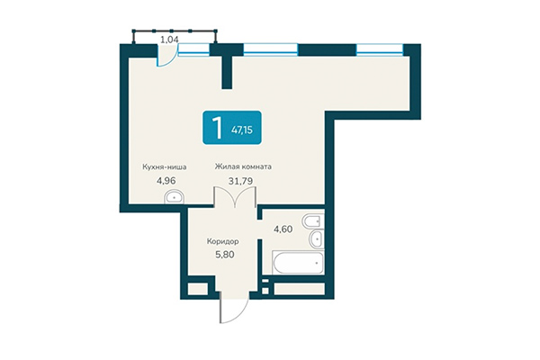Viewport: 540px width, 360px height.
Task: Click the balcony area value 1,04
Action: (168, 40)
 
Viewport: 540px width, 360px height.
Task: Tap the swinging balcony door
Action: (165, 58)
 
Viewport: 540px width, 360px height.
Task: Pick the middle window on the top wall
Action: (271, 49)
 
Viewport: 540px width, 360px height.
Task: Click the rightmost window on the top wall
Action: (380, 49)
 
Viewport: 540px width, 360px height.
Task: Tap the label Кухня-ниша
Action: (166, 166)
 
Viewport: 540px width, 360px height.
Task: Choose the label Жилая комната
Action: (243, 166)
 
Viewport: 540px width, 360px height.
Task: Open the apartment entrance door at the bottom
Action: (229, 310)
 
